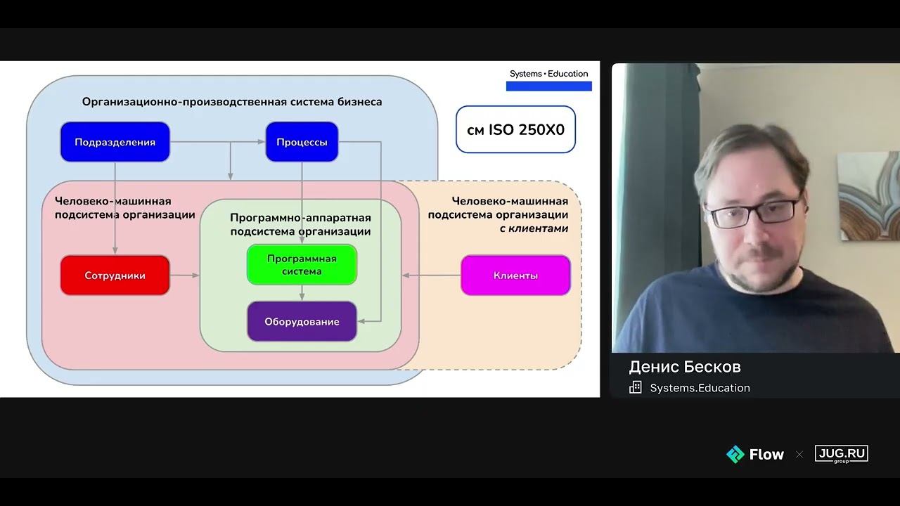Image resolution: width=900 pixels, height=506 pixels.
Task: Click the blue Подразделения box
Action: [x=115, y=142]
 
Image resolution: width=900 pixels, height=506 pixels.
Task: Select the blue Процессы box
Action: [x=302, y=142]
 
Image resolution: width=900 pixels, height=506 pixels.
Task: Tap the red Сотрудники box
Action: [x=115, y=275]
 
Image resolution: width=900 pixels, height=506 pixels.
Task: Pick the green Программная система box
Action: [x=302, y=265]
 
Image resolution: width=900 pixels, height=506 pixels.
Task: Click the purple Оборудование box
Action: [x=302, y=321]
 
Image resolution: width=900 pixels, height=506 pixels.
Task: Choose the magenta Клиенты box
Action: [x=515, y=275]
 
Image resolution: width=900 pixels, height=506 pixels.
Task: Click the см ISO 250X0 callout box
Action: [x=515, y=129]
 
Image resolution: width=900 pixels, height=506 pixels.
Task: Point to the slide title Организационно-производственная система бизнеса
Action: [x=232, y=102]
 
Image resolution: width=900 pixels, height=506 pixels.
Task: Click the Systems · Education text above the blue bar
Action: [x=548, y=74]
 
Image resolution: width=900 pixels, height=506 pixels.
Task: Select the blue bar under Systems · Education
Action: [x=549, y=86]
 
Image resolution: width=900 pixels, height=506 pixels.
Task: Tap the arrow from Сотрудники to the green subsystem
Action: [x=185, y=275]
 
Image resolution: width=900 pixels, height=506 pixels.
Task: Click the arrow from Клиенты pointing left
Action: [x=432, y=275]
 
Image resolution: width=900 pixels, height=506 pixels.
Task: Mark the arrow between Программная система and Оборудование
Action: [x=302, y=293]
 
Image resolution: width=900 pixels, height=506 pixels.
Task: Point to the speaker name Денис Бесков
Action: [x=685, y=367]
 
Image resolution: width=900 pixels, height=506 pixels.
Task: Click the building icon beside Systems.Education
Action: [x=635, y=387]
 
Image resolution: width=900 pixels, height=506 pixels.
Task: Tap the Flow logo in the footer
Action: [x=755, y=454]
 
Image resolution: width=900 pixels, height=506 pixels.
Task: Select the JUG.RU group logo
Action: [x=842, y=454]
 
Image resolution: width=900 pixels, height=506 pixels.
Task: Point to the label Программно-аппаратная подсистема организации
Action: [x=300, y=224]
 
